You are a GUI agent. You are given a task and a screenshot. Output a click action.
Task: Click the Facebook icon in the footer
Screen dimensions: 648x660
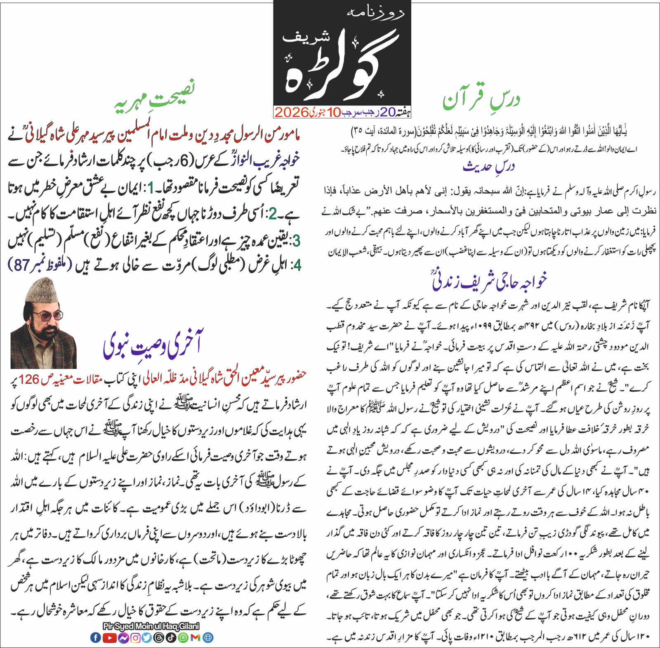(95, 638)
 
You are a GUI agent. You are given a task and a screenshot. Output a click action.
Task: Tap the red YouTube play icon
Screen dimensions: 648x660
(109, 638)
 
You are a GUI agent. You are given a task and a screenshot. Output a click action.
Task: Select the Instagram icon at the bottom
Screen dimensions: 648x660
(135, 638)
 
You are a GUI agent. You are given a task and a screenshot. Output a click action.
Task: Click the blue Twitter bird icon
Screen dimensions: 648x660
(146, 638)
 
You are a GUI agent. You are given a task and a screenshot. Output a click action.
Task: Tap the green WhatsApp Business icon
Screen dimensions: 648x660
(183, 638)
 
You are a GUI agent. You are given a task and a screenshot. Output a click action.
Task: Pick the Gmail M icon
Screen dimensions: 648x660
(196, 638)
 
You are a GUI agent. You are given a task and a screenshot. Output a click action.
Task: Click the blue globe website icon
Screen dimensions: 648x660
(208, 638)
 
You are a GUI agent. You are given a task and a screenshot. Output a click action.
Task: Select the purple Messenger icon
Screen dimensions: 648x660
(123, 638)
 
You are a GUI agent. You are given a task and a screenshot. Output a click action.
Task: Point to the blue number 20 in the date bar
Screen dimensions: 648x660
(387, 112)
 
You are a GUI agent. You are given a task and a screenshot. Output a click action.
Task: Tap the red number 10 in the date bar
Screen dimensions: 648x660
(334, 112)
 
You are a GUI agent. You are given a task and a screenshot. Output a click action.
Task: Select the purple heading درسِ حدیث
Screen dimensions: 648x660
(489, 167)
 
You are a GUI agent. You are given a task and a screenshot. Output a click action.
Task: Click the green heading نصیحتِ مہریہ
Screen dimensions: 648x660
(155, 99)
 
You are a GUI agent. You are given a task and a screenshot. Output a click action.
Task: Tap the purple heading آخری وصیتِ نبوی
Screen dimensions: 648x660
(153, 346)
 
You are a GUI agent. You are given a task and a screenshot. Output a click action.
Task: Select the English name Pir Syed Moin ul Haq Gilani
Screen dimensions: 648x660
(151, 626)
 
